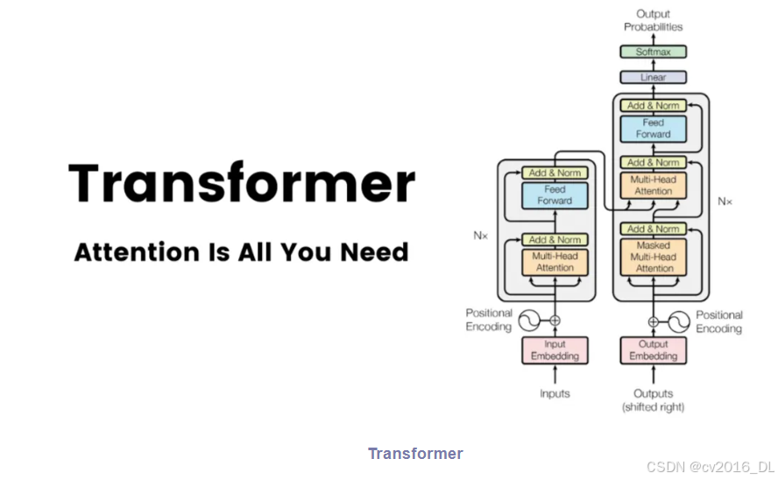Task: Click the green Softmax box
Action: point(653,52)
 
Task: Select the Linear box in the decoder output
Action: point(653,77)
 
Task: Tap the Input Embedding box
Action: point(555,350)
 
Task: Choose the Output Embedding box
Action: point(653,350)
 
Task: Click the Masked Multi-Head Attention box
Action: point(653,257)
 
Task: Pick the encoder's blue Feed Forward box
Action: point(555,194)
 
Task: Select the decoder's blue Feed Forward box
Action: point(653,129)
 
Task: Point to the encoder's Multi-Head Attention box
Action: point(555,262)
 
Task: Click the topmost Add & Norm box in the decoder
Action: point(653,106)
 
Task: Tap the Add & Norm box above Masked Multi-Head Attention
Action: point(653,229)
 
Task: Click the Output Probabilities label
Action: point(653,20)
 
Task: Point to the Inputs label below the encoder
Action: point(555,393)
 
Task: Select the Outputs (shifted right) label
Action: point(653,400)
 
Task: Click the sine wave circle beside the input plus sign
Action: point(529,321)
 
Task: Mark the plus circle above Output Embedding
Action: point(653,322)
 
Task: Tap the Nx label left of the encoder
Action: point(480,236)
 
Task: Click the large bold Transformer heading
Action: point(242,182)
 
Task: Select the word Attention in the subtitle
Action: point(137,252)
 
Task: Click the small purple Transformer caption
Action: point(415,453)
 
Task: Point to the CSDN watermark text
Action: point(710,467)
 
